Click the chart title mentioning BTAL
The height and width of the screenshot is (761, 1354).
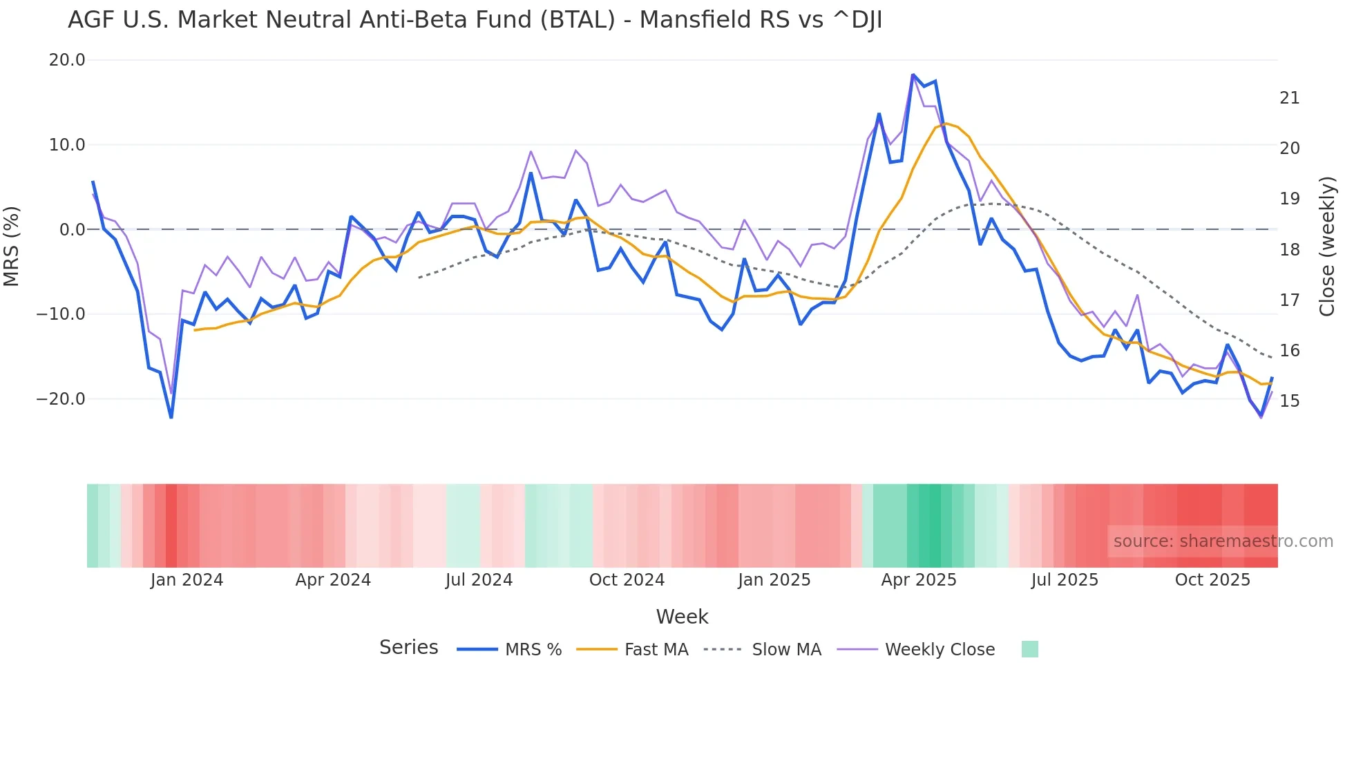tap(475, 20)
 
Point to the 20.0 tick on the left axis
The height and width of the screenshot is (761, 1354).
tap(67, 60)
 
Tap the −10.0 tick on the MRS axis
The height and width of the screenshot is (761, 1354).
tap(61, 314)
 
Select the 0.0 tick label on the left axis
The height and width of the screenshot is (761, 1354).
tap(72, 229)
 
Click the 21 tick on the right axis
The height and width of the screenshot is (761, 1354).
tap(1289, 98)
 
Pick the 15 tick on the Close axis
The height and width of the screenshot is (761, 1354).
tap(1289, 401)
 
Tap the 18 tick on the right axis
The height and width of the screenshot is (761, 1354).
tap(1289, 250)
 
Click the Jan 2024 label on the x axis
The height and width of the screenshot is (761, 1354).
tap(187, 580)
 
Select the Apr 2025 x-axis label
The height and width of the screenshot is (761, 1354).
tap(918, 580)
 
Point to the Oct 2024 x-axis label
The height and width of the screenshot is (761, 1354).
tap(627, 580)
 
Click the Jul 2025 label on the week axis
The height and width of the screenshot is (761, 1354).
tap(1065, 580)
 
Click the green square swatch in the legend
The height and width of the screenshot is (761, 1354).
tap(1029, 649)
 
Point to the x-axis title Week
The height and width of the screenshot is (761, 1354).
tap(682, 617)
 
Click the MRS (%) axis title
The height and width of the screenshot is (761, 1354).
tap(12, 246)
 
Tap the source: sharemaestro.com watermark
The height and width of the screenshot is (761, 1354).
tap(1223, 541)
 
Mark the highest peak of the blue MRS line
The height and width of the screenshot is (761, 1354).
tap(913, 75)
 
